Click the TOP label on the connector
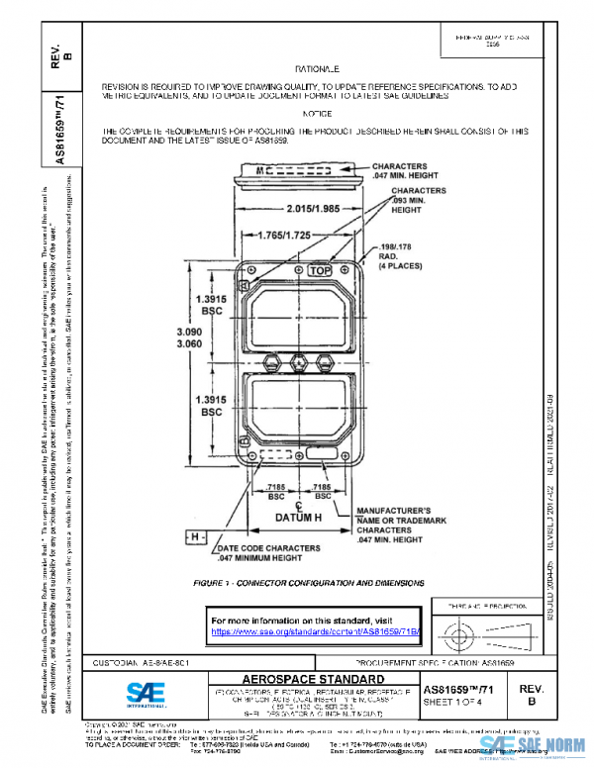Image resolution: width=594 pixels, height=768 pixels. point(320,269)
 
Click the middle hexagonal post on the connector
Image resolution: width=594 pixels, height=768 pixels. point(298,363)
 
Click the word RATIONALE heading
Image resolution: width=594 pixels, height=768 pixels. point(317,69)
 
